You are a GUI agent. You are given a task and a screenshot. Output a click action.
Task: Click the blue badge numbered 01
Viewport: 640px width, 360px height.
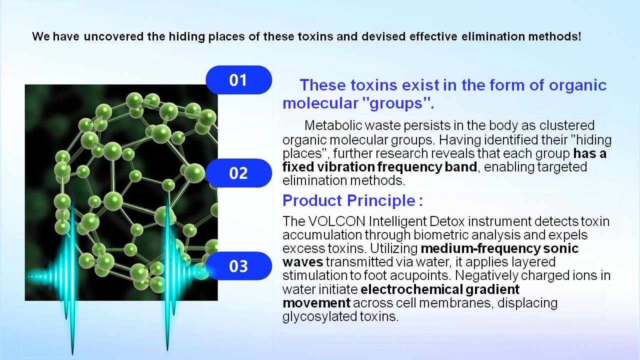pos(239,79)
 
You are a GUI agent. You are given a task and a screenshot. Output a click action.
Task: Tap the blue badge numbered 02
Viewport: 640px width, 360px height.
pos(239,173)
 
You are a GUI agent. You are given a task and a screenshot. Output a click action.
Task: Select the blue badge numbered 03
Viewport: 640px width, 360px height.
pos(239,266)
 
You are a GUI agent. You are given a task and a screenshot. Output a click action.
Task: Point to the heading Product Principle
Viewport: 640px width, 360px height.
pos(352,200)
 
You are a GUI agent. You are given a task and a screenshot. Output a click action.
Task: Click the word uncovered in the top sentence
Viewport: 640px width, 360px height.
pos(113,36)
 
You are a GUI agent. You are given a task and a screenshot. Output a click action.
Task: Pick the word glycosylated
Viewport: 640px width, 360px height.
pos(319,316)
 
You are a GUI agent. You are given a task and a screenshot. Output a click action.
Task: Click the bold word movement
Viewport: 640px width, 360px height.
pos(316,303)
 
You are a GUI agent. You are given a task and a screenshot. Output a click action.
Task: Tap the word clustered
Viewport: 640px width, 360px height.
pos(567,125)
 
